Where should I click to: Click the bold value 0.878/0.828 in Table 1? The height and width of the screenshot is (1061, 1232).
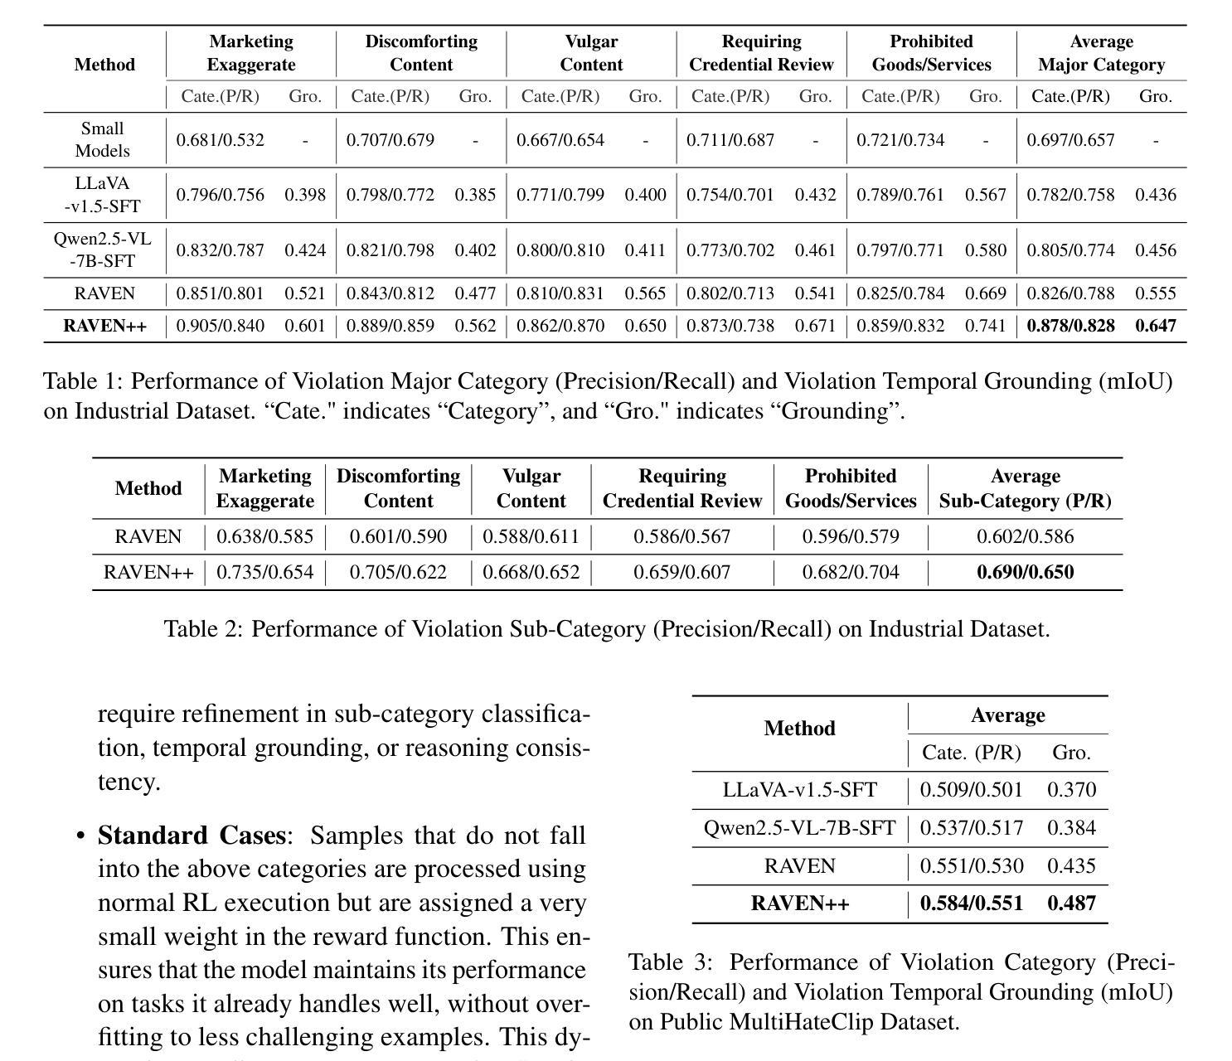pyautogui.click(x=1070, y=326)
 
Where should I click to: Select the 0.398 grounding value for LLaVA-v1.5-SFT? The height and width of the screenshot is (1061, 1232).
pyautogui.click(x=305, y=195)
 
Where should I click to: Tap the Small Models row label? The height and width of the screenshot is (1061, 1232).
pyautogui.click(x=103, y=139)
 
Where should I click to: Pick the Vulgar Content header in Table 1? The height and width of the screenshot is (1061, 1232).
pyautogui.click(x=591, y=53)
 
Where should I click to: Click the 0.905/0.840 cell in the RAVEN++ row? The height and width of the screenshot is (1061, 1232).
pyautogui.click(x=221, y=326)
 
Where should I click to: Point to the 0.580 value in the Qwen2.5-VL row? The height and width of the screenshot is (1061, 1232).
pyautogui.click(x=985, y=250)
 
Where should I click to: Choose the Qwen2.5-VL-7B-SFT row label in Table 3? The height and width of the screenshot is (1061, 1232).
pyautogui.click(x=799, y=828)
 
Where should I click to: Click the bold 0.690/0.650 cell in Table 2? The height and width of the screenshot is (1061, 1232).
pyautogui.click(x=1025, y=572)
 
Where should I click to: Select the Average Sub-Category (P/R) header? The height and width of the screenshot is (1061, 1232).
pyautogui.click(x=1025, y=488)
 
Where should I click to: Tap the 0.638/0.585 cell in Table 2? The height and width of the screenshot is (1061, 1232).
pyautogui.click(x=264, y=537)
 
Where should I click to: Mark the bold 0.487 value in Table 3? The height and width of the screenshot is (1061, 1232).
pyautogui.click(x=1071, y=904)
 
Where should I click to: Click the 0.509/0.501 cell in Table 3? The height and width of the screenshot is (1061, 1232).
pyautogui.click(x=971, y=790)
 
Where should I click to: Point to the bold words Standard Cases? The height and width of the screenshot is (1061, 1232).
pyautogui.click(x=192, y=835)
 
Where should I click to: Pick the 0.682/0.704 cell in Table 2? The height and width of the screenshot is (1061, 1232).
pyautogui.click(x=850, y=572)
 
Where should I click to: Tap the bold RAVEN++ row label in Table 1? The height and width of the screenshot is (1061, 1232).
pyautogui.click(x=104, y=326)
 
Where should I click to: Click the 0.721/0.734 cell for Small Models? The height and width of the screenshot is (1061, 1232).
pyautogui.click(x=900, y=140)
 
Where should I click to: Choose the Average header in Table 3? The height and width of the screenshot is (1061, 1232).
pyautogui.click(x=1007, y=715)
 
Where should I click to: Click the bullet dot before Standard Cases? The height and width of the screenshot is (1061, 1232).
pyautogui.click(x=80, y=836)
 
